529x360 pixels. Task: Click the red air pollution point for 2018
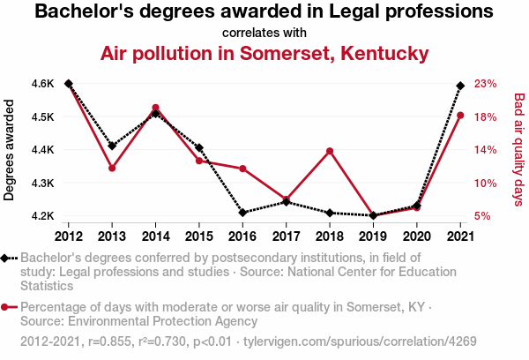coord(329,151)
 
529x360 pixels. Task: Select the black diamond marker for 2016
coord(242,213)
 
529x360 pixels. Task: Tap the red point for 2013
coord(112,168)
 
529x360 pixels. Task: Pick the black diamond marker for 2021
coord(460,86)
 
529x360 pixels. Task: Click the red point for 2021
coord(460,116)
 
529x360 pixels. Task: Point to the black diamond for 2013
coord(112,146)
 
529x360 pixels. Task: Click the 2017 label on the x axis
coord(286,236)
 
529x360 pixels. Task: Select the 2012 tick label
coord(69,236)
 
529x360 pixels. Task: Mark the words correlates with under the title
coord(264,33)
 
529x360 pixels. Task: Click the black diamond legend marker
coord(6,258)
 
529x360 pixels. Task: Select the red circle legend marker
coord(6,307)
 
